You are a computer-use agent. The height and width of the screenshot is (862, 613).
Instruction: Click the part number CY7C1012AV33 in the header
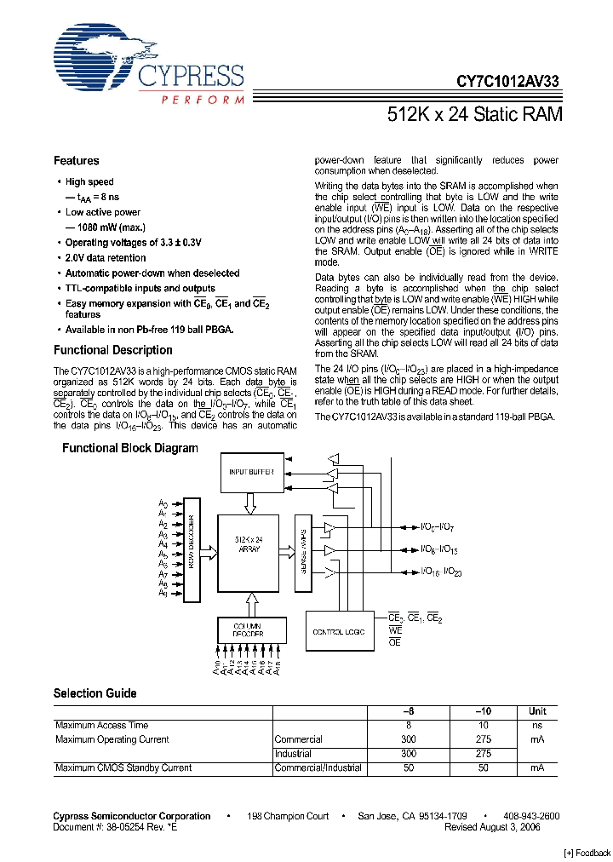click(508, 82)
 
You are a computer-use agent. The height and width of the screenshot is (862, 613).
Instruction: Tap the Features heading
click(76, 161)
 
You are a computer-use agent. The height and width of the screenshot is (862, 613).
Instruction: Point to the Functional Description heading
click(112, 350)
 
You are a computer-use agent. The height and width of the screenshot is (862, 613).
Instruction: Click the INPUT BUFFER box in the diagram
click(252, 472)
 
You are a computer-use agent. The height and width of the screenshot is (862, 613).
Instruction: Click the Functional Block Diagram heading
click(129, 448)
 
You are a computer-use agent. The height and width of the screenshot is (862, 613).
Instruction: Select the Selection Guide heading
click(95, 693)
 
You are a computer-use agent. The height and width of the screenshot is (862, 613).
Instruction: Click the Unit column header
click(537, 711)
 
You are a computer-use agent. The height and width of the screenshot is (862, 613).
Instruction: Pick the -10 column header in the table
click(483, 711)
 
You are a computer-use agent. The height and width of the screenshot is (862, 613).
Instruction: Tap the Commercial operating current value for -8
click(408, 739)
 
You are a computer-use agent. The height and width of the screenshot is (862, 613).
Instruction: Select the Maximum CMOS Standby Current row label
click(123, 767)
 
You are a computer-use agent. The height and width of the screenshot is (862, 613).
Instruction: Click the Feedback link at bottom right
click(587, 853)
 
